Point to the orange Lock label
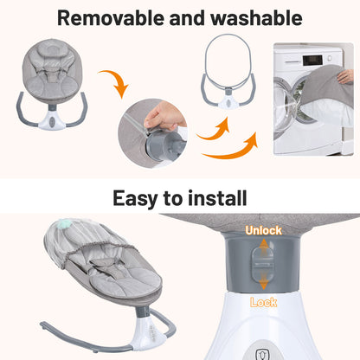[x=263, y=302]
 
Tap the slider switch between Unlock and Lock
[x=262, y=267]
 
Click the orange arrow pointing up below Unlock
[x=262, y=247]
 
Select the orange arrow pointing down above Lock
[x=262, y=286]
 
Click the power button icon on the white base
[x=260, y=352]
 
